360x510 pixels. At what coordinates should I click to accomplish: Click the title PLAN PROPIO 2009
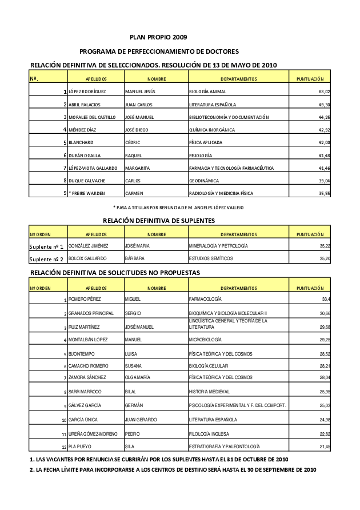click(158, 37)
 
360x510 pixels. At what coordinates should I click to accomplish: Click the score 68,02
click(324, 91)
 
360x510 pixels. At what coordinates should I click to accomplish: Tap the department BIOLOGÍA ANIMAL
click(207, 91)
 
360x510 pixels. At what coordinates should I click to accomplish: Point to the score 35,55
click(324, 193)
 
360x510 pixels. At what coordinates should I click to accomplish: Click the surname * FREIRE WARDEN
click(87, 193)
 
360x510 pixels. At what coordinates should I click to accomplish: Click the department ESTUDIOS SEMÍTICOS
click(211, 258)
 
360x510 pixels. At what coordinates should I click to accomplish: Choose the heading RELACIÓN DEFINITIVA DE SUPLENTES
click(159, 220)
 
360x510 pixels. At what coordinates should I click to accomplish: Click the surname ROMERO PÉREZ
click(85, 300)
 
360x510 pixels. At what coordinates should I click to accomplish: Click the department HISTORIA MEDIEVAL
click(209, 392)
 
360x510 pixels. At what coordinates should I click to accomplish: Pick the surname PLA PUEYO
click(81, 446)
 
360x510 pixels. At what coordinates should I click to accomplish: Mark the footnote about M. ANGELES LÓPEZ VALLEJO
click(178, 207)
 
